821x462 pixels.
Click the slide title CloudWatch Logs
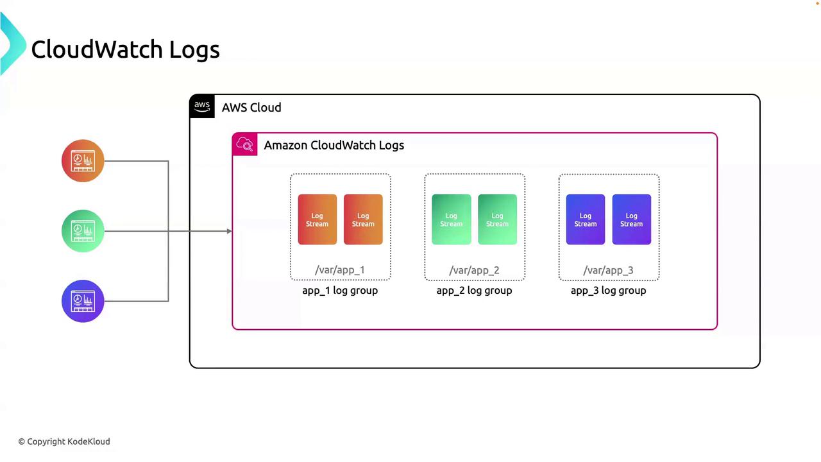coord(125,49)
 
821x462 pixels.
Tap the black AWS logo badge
coord(202,107)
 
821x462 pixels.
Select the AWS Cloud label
coord(251,107)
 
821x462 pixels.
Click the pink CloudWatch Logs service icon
coord(245,144)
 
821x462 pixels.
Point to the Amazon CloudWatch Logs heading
coord(334,145)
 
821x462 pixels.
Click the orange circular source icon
coord(83,160)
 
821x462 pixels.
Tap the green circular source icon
coord(83,230)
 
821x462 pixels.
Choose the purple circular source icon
coord(83,300)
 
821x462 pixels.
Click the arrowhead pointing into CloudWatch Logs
coord(229,231)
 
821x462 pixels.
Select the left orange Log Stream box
coord(317,219)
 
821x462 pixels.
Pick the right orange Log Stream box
coord(363,219)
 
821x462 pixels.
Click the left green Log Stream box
coord(451,219)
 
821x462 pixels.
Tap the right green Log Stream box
coord(497,219)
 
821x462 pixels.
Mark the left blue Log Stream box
coord(585,219)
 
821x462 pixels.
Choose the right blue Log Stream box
coord(631,219)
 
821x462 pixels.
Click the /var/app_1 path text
coord(340,270)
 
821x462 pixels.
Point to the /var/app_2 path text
coord(474,270)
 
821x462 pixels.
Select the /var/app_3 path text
coord(608,270)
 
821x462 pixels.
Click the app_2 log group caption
coord(474,291)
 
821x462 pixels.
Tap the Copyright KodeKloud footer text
coord(64,441)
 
